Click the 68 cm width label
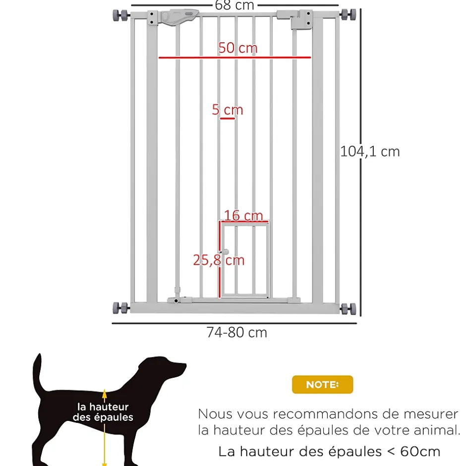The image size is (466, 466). click(234, 5)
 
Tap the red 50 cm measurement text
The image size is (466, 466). click(238, 48)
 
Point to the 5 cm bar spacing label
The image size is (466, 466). click(228, 110)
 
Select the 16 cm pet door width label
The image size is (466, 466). click(243, 215)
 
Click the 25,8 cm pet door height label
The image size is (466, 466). click(219, 260)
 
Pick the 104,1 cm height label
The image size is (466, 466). click(370, 152)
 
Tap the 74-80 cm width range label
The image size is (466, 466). click(237, 332)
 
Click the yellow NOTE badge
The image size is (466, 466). click(322, 385)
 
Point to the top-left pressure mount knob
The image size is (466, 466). click(120, 15)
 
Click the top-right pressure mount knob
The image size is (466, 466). click(348, 14)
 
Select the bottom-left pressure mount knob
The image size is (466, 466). click(120, 308)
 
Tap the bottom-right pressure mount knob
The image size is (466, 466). click(348, 309)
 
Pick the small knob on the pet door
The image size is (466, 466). click(226, 252)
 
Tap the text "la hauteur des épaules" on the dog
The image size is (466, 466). click(103, 412)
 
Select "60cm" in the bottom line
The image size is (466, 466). click(420, 452)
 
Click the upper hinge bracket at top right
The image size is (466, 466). click(301, 19)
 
